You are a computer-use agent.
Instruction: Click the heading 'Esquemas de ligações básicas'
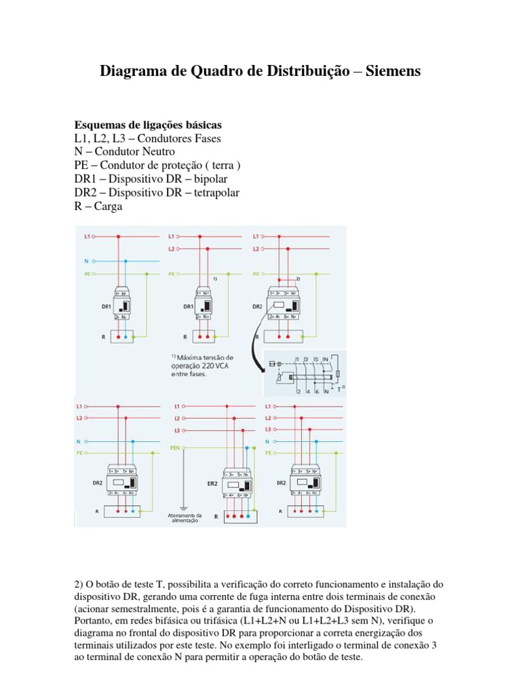click(147, 126)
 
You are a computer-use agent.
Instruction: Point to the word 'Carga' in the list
click(107, 207)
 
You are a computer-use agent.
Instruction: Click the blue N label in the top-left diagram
click(86, 260)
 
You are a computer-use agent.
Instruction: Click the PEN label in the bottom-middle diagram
click(174, 448)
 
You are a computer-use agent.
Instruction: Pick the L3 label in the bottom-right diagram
click(268, 430)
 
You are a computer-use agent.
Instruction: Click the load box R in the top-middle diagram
click(204, 335)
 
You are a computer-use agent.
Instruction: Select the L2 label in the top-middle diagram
click(172, 249)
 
